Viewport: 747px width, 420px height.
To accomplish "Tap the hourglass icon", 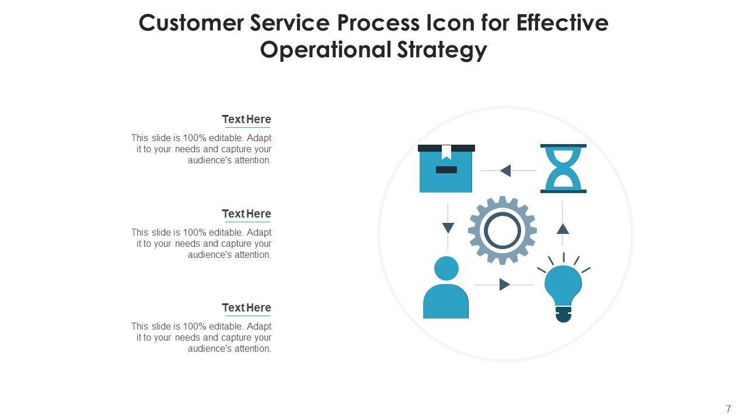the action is tap(563, 169).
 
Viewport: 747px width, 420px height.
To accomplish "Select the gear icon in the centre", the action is tap(502, 230).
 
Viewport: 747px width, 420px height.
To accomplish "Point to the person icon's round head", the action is tap(446, 268).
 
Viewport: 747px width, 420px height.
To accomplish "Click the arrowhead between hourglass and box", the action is tap(505, 171).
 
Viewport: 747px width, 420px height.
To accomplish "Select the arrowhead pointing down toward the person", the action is tap(448, 228).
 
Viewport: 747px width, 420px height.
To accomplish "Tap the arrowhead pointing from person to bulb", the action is tap(505, 285).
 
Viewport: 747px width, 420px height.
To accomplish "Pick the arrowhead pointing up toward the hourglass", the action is tap(563, 229).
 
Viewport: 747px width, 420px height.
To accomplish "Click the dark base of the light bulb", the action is tap(564, 314).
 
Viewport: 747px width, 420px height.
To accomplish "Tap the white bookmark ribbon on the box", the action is tap(446, 152).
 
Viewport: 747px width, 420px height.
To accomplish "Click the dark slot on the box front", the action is tap(446, 170).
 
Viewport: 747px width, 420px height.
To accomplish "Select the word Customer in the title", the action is tap(191, 23).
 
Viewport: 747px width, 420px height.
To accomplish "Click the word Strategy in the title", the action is tap(442, 50).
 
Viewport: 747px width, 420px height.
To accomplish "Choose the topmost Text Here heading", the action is tap(246, 119).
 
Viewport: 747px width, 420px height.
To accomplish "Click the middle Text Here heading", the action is tap(246, 213).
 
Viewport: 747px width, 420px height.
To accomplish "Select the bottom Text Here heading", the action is tap(246, 307).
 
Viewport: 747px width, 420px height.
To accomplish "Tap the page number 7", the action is tap(728, 409).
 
